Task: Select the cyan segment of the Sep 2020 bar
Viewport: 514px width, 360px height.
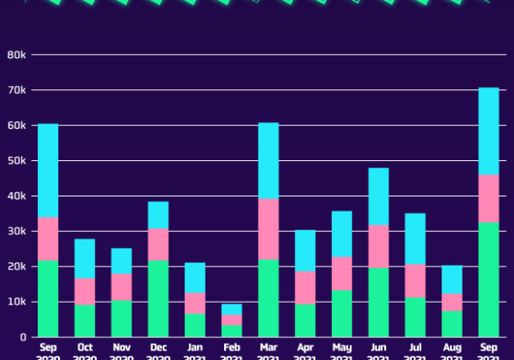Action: coord(48,170)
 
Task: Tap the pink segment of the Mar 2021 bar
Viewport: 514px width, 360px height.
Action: coord(268,228)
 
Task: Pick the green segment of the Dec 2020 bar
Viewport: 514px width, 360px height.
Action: coord(158,298)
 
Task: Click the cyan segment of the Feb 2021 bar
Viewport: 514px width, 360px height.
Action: coord(232,309)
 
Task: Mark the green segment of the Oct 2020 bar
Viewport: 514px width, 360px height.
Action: coord(84,320)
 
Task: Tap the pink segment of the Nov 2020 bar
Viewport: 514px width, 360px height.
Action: coord(121,287)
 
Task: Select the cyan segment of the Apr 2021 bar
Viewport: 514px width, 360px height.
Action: coord(305,250)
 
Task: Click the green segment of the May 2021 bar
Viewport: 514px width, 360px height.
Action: coord(341,313)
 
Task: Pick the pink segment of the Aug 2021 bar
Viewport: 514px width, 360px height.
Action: coord(452,302)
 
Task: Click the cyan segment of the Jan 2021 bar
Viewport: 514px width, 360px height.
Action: coord(195,277)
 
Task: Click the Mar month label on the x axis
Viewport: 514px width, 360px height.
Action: coord(268,346)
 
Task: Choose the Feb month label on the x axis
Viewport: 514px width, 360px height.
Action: coord(232,346)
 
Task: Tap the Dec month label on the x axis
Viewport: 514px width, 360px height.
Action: coord(158,346)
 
